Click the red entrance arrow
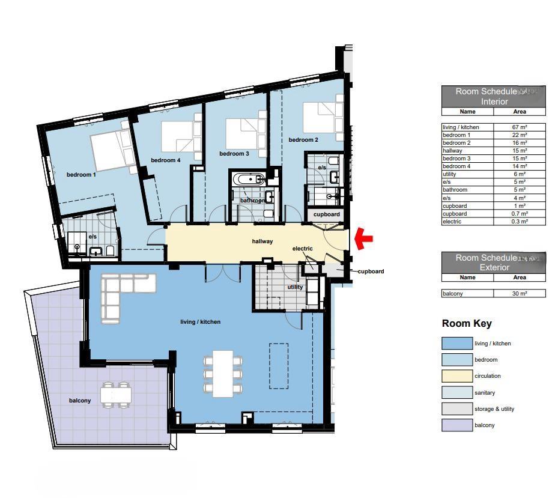point(364,238)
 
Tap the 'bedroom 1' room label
point(81,175)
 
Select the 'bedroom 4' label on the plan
point(165,160)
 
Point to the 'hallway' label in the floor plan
point(262,241)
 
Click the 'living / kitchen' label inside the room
point(200,322)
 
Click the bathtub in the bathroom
point(248,179)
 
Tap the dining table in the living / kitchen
point(223,373)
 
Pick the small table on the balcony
point(115,395)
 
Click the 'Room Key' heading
point(467,324)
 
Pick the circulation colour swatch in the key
point(456,376)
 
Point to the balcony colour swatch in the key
point(456,425)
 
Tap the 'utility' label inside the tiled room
point(295,287)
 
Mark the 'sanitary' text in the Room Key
point(485,393)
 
